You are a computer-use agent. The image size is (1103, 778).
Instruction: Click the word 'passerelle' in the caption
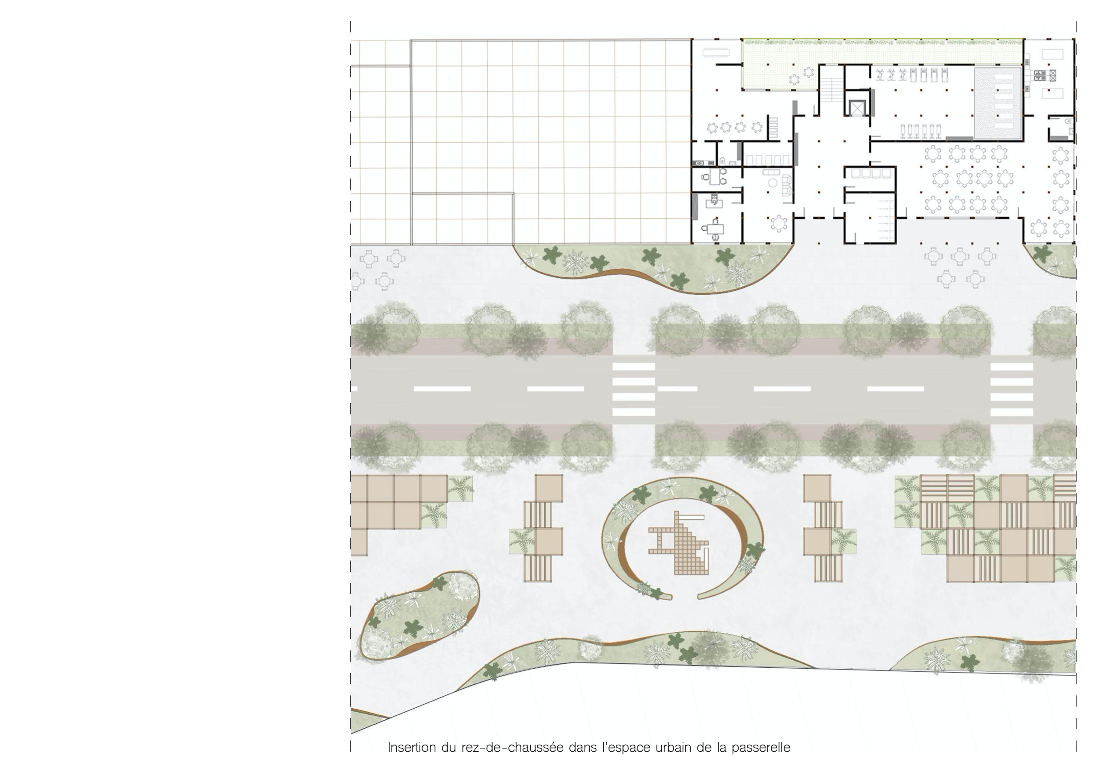(x=761, y=748)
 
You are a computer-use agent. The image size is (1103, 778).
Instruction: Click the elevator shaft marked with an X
(x=857, y=108)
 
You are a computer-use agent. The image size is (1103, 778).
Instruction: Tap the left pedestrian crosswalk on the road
(x=634, y=389)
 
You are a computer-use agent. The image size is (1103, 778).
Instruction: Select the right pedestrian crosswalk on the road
(x=1012, y=389)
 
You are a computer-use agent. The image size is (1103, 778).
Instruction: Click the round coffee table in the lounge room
(x=773, y=183)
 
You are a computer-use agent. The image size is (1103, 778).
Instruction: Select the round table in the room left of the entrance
(x=778, y=223)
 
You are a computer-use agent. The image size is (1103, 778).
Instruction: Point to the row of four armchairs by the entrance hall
(x=870, y=173)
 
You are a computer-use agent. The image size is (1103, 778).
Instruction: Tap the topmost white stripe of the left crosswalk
(x=634, y=366)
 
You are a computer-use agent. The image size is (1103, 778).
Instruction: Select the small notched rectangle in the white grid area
(x=463, y=219)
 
